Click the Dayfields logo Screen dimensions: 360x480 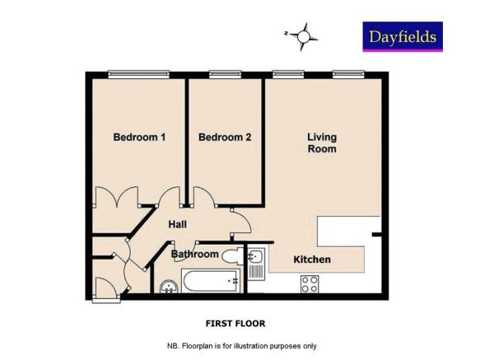pos(403,36)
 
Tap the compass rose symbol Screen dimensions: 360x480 pos(304,35)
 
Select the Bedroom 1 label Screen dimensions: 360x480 pos(139,138)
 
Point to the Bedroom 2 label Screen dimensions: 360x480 pos(225,138)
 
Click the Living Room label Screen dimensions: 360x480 pos(322,143)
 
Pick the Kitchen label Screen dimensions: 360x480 pos(312,259)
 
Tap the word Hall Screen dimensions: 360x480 pos(177,224)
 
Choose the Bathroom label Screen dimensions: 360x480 pos(194,255)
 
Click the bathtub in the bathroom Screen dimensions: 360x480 pos(211,282)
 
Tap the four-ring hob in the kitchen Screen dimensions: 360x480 pos(310,283)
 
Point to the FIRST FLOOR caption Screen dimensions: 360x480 pos(235,324)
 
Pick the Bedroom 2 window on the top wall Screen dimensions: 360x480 pos(225,75)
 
